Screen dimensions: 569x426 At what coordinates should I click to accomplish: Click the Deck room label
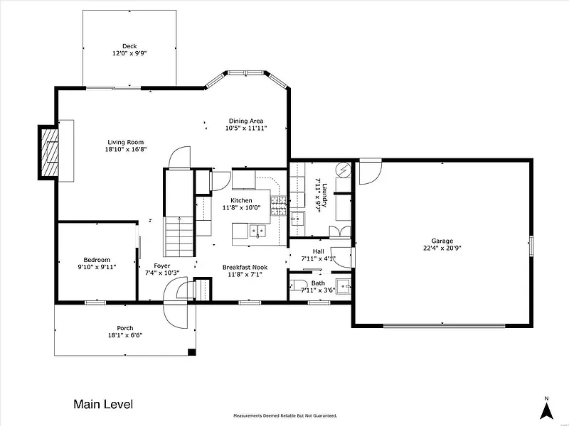coord(129,46)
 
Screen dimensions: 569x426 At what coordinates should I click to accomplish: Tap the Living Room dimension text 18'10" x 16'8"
coord(126,149)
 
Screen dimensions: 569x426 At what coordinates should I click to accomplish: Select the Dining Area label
coord(246,121)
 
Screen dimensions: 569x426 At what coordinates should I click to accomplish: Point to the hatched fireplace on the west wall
coord(50,152)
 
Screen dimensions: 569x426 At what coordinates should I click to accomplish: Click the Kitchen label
coord(241,200)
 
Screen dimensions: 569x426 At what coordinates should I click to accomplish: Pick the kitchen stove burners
coord(279,206)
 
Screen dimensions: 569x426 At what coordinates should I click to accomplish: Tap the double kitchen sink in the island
coord(257,230)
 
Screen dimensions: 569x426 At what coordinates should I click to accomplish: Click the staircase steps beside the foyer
coord(179,236)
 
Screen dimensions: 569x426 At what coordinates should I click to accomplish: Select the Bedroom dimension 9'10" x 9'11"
coord(97,267)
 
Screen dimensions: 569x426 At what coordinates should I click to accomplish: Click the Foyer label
coord(162,266)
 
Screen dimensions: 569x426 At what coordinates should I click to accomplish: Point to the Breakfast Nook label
coord(245,268)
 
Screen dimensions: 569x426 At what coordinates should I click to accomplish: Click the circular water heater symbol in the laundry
coord(343,169)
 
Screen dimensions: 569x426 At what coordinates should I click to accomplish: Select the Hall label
coord(318,251)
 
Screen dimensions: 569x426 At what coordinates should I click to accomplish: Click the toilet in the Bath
coord(299,285)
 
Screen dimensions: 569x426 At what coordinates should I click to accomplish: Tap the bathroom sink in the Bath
coord(344,286)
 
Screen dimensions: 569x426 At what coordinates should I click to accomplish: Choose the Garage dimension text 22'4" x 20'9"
coord(442,248)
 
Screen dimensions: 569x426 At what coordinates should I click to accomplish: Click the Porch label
coord(125,328)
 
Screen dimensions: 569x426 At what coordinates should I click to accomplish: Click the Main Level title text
coord(103,404)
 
